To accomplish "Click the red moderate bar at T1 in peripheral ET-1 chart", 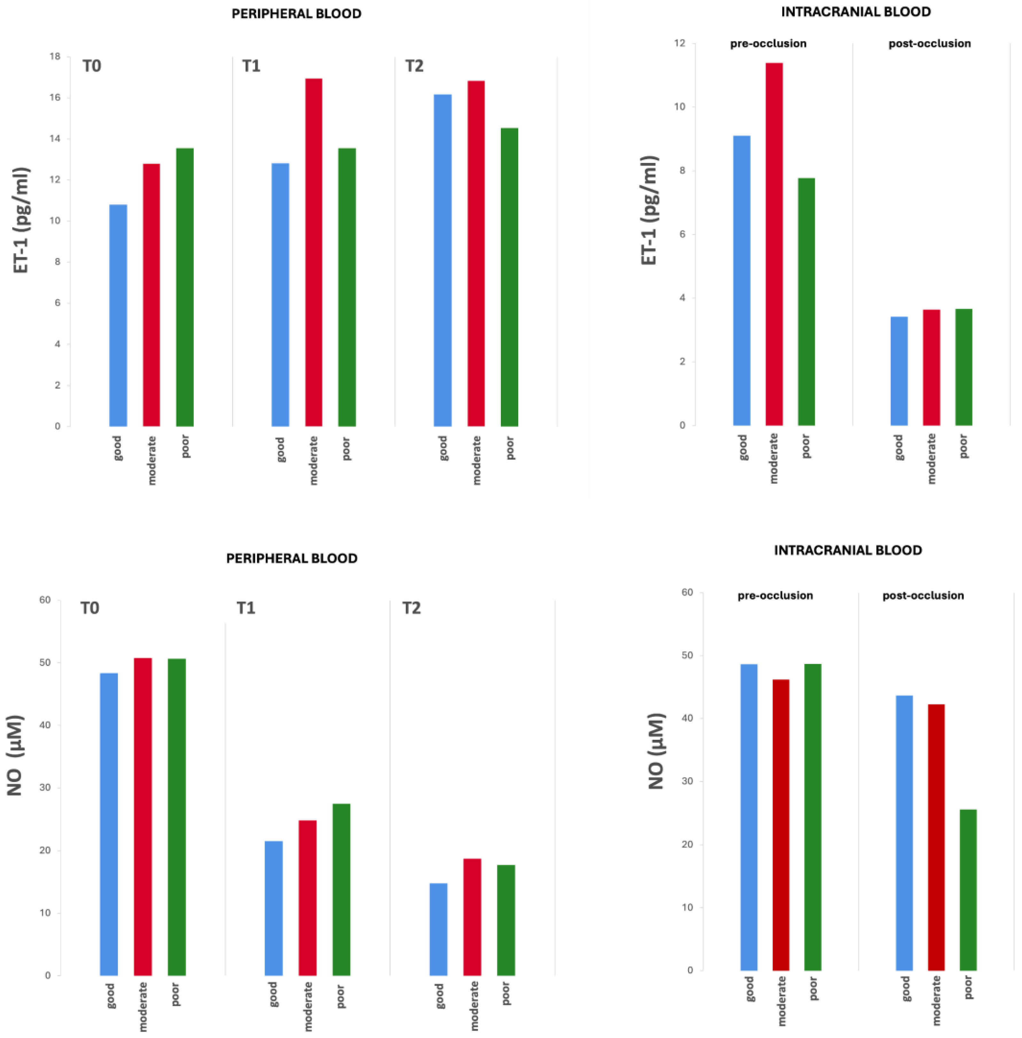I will pyautogui.click(x=314, y=252).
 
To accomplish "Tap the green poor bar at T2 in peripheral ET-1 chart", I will pyautogui.click(x=509, y=277).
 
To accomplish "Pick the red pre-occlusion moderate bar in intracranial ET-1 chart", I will pyautogui.click(x=774, y=244).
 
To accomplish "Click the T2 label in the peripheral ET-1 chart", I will pyautogui.click(x=414, y=66).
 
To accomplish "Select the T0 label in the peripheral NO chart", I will pyautogui.click(x=90, y=608).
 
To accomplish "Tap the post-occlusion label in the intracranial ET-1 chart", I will pyautogui.click(x=929, y=43).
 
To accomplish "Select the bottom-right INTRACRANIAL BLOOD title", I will pyautogui.click(x=847, y=550).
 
